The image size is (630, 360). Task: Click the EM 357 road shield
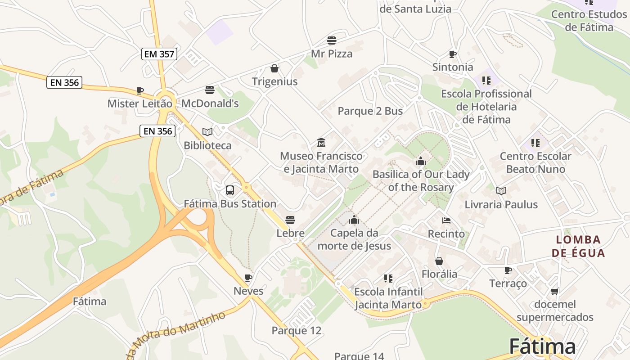[159, 54]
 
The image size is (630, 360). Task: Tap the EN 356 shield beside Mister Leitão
[64, 82]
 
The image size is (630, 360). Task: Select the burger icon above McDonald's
[210, 90]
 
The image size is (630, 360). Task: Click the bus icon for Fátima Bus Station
[230, 190]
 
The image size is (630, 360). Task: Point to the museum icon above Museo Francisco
[321, 143]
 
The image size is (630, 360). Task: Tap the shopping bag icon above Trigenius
[274, 68]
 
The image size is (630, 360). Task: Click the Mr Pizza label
[332, 54]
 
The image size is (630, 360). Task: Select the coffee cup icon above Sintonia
[453, 54]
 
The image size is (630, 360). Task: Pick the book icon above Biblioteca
[207, 132]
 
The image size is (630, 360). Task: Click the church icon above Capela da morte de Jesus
[354, 220]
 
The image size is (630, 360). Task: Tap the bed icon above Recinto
[446, 220]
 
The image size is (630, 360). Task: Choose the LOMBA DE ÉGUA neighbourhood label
[578, 246]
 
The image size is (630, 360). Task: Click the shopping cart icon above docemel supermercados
[555, 291]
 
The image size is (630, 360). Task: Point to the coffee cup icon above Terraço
[508, 270]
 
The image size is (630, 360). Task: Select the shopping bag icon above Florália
[439, 261]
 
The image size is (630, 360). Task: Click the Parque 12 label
[297, 331]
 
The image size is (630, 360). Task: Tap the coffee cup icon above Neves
[248, 277]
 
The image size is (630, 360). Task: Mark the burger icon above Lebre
[290, 220]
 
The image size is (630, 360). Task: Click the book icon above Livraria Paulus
[501, 191]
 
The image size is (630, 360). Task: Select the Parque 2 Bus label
[370, 111]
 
